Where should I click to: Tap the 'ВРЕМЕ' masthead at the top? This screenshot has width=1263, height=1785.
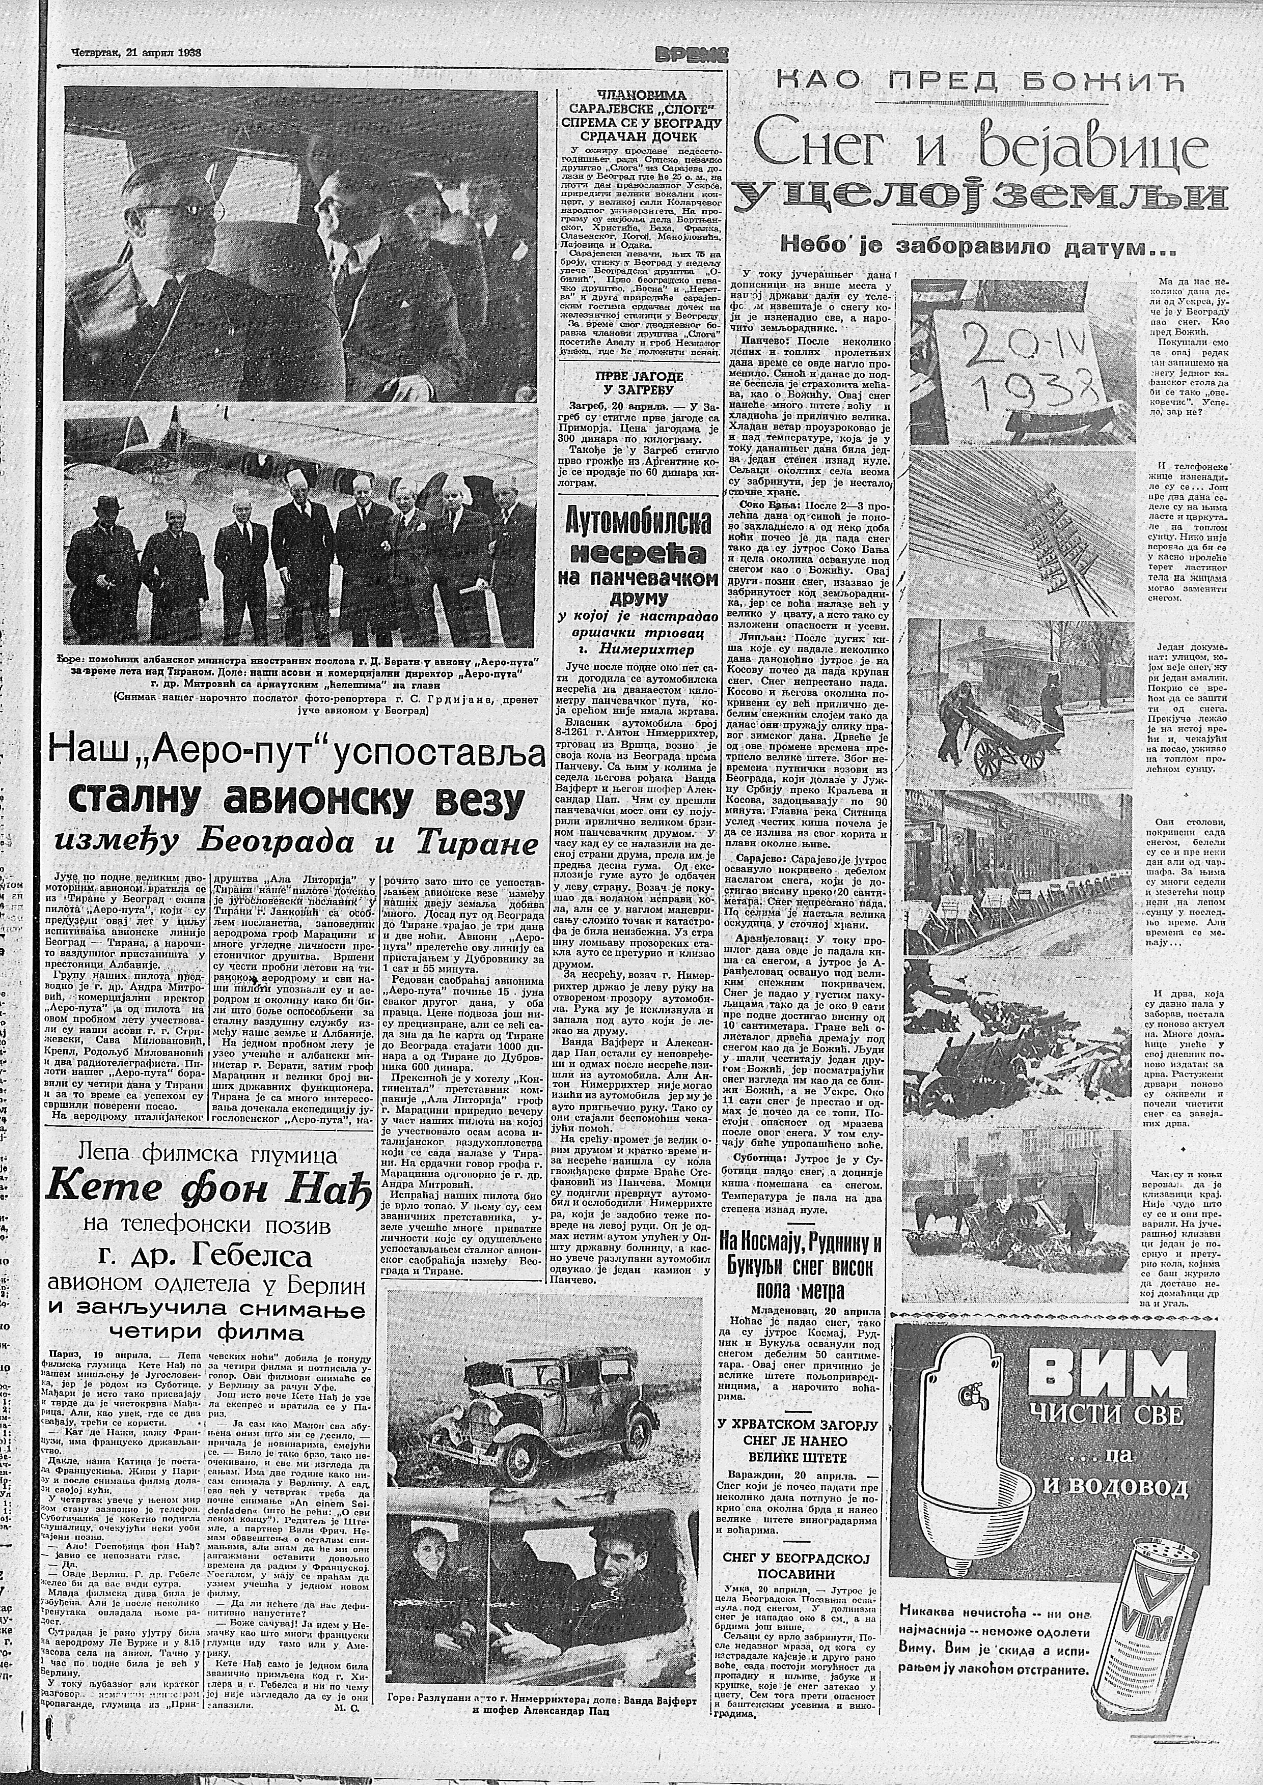pos(692,54)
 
